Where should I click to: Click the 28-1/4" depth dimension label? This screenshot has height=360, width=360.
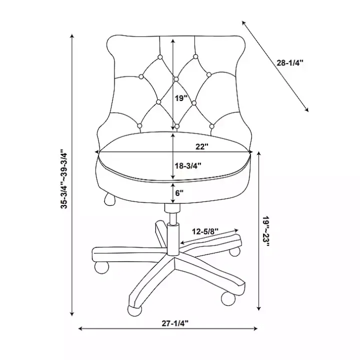[x=289, y=62]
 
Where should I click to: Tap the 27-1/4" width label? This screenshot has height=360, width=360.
[x=175, y=323]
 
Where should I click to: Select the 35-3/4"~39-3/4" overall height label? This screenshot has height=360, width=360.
[x=64, y=179]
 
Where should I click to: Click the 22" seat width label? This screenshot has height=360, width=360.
[x=202, y=146]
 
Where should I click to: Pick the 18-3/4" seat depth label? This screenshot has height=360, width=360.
[x=188, y=165]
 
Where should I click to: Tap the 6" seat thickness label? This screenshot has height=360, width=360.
[x=179, y=193]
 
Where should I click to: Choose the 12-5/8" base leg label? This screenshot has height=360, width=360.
[x=205, y=231]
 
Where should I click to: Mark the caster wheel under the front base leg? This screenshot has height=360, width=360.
[x=135, y=310]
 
